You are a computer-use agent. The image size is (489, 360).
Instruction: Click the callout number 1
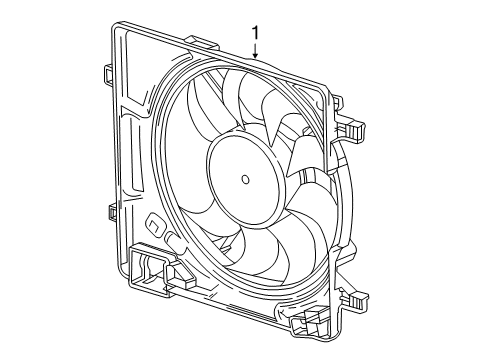click(x=257, y=33)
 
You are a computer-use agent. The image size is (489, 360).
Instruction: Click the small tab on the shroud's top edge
click(x=200, y=43)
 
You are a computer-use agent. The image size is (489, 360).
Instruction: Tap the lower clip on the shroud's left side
click(x=110, y=213)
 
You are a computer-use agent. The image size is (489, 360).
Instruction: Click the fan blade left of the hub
click(x=185, y=170)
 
